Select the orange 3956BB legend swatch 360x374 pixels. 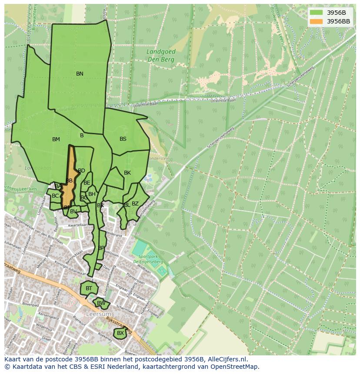[317, 21]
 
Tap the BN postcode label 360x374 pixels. [80, 74]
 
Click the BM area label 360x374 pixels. [56, 139]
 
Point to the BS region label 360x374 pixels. [123, 139]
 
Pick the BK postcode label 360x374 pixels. [127, 173]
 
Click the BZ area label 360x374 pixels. [135, 204]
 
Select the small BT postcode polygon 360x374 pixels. [89, 288]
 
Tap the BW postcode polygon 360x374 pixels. [101, 303]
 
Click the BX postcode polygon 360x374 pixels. [120, 333]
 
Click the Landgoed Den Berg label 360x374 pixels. [161, 55]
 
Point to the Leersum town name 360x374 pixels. [99, 314]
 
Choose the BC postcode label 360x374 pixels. [55, 196]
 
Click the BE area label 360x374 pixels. [87, 183]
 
